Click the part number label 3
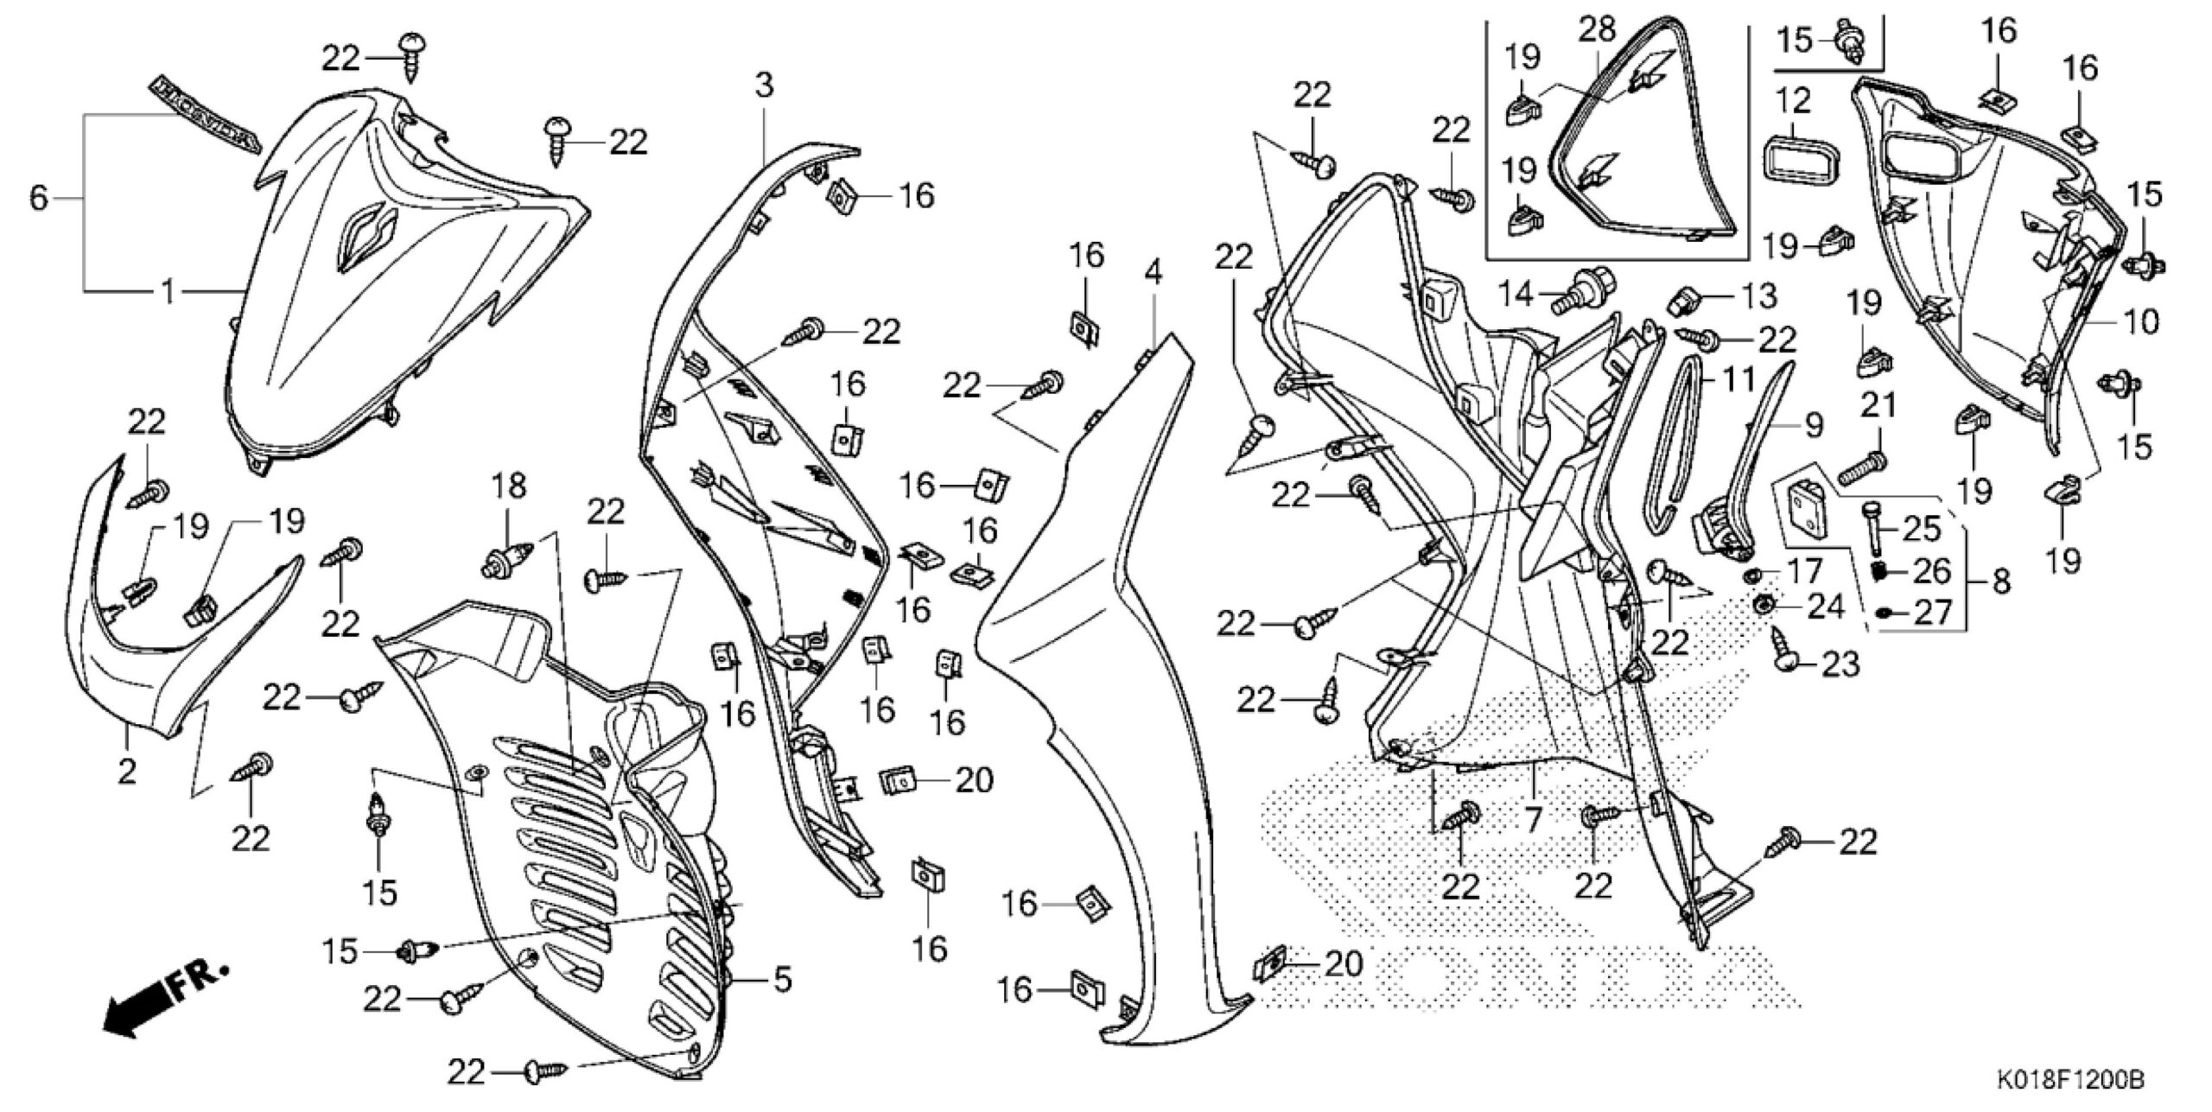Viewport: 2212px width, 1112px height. click(x=764, y=86)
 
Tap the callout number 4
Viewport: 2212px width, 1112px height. click(x=1153, y=273)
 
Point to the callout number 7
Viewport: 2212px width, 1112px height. click(x=1533, y=820)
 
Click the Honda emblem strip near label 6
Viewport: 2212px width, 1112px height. click(x=205, y=113)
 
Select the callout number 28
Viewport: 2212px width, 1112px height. click(x=1597, y=30)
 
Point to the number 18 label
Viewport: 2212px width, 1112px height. click(x=509, y=486)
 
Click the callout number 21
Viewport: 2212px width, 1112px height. click(x=1876, y=407)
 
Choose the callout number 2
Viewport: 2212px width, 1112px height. click(x=127, y=771)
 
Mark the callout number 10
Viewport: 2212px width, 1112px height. click(x=2140, y=322)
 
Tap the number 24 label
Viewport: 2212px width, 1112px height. click(x=1826, y=607)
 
